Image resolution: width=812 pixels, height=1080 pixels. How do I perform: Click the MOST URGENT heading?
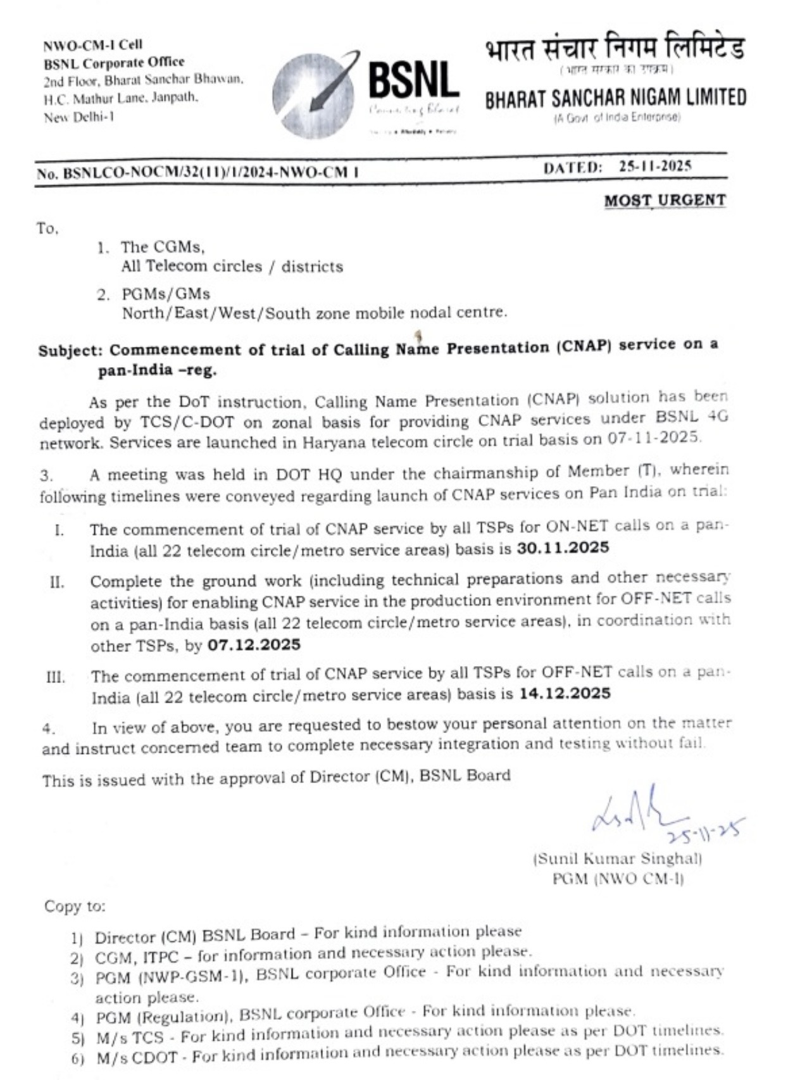(x=665, y=201)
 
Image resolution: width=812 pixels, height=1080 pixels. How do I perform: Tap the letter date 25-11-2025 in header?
(x=655, y=166)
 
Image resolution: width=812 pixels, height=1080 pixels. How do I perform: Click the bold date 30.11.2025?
(x=563, y=548)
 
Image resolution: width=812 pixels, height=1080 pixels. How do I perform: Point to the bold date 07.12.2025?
(x=254, y=645)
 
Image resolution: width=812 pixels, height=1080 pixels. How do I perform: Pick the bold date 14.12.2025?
(x=565, y=693)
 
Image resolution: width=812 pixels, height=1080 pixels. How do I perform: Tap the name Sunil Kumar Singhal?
(x=618, y=859)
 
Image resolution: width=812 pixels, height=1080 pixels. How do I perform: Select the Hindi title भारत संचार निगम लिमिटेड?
(x=615, y=49)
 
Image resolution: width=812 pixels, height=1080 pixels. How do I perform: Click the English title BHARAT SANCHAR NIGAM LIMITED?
(x=615, y=98)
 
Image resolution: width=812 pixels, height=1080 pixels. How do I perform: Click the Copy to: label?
(x=75, y=906)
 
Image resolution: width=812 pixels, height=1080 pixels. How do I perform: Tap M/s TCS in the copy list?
(x=130, y=1038)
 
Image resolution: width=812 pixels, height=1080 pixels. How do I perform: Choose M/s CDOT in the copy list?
(x=137, y=1057)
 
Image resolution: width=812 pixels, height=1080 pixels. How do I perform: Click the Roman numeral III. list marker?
(x=56, y=677)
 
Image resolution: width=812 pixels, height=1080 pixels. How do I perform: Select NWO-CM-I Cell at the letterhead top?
(x=92, y=45)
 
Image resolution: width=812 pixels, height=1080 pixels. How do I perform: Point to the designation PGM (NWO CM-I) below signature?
(x=618, y=879)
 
